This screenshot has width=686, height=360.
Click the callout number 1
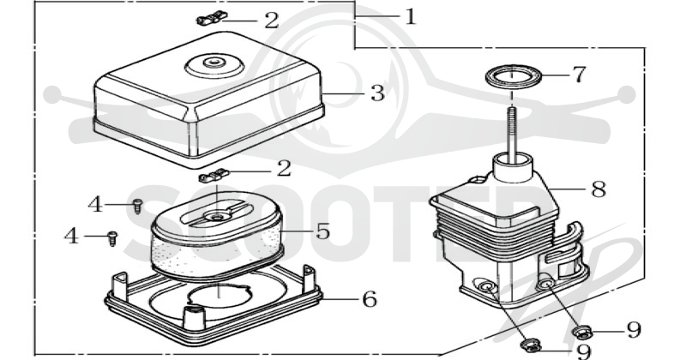coord(410,16)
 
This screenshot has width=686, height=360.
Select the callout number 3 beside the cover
coord(377,93)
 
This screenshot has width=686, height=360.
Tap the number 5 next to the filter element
coord(323,231)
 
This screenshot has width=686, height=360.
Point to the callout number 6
coord(370,299)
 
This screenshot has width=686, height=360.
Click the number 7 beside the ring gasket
coord(580,75)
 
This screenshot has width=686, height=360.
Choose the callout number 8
coord(599,189)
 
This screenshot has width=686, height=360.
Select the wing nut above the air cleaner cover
coord(212,18)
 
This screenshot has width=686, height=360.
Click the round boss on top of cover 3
coord(214,65)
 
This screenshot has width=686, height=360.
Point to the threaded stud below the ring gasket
coord(512,130)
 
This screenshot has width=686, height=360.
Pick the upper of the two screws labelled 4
coord(137,206)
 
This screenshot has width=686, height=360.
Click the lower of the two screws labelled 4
coord(112,238)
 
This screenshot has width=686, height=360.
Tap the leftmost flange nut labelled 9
coord(530,345)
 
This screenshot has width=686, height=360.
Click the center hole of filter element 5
coord(216,216)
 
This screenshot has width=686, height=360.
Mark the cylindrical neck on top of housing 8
coord(513,167)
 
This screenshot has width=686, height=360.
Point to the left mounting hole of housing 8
coord(485,287)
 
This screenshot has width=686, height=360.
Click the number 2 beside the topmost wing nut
coord(272,20)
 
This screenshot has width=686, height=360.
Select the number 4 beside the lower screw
coord(71,236)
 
